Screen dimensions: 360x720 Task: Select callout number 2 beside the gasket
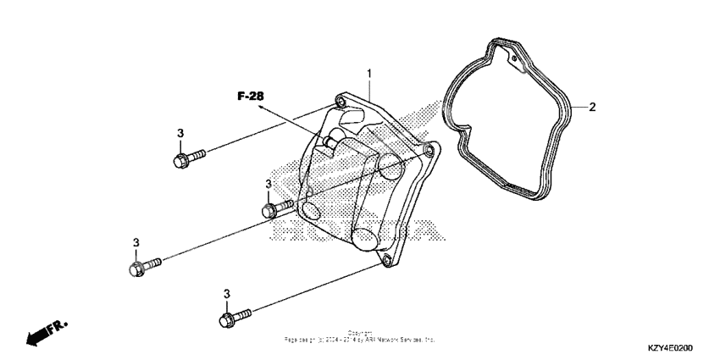point(593,108)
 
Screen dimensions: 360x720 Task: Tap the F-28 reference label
point(250,97)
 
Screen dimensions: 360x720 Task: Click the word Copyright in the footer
point(360,333)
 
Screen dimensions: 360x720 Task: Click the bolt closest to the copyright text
point(232,318)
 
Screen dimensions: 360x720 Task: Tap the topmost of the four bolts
point(186,158)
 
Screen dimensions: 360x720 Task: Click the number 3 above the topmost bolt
point(180,134)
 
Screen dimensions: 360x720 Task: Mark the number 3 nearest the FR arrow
point(136,243)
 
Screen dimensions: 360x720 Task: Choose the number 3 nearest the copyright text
point(226,294)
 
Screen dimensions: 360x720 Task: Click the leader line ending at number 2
point(578,108)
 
